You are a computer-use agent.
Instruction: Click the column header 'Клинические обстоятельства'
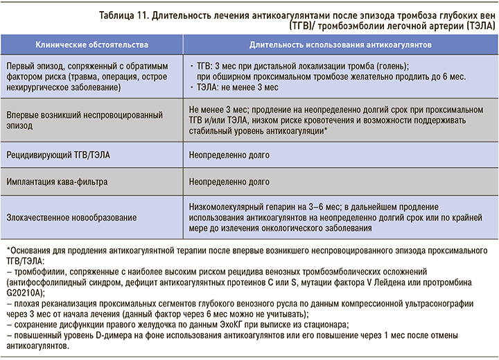pyautogui.click(x=92, y=44)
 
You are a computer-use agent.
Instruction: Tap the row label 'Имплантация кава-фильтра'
pyautogui.click(x=60, y=182)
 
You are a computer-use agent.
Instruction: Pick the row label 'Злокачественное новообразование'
pyautogui.click(x=73, y=217)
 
